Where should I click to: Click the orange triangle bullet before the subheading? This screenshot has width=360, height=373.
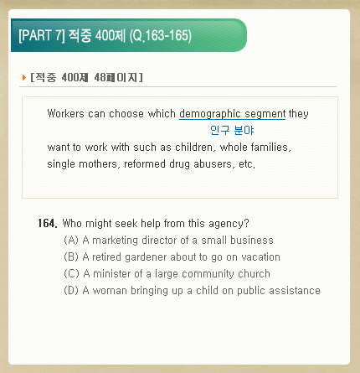click(24, 77)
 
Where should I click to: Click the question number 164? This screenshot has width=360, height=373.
click(48, 224)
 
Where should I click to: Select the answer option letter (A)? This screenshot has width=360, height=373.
click(71, 241)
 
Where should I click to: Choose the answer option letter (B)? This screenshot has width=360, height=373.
click(71, 257)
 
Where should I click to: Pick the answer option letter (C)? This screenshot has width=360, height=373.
click(71, 274)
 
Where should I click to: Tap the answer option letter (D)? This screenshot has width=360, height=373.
click(71, 291)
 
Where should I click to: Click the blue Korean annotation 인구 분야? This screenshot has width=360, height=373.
click(232, 130)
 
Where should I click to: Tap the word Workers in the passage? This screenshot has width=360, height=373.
click(66, 114)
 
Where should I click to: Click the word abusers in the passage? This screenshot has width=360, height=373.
click(214, 164)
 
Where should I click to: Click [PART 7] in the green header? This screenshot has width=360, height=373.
click(42, 35)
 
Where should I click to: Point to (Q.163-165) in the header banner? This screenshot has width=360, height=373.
click(161, 36)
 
